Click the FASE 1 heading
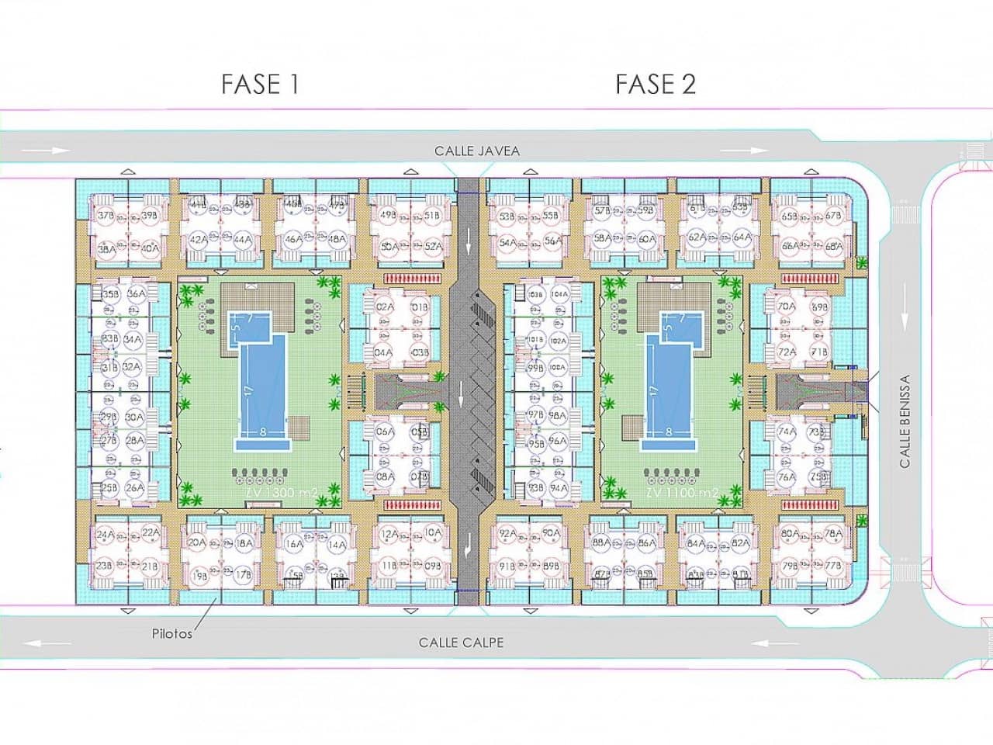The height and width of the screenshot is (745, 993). [260, 84]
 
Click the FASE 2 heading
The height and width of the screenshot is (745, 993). [656, 84]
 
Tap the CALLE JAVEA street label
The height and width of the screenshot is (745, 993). [476, 151]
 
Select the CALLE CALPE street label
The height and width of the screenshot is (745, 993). [461, 643]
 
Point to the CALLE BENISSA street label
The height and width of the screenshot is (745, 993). [905, 421]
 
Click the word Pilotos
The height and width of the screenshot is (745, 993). [171, 634]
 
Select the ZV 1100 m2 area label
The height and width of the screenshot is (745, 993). [682, 493]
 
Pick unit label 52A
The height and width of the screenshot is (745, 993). [434, 246]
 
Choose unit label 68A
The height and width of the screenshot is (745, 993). [834, 246]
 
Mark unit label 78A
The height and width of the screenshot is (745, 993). [833, 533]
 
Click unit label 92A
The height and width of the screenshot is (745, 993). [507, 533]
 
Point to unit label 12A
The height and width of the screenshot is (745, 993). [389, 533]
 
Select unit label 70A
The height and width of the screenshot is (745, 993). [786, 307]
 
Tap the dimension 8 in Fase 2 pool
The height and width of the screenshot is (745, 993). [669, 431]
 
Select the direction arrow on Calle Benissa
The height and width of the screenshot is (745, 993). [905, 310]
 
